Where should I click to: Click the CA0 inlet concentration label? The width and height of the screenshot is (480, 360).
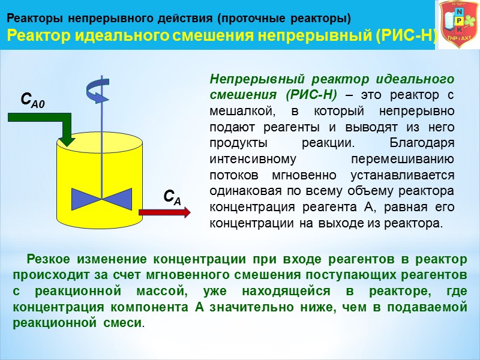(x=33, y=100)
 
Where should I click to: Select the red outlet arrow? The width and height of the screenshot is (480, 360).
(x=165, y=211)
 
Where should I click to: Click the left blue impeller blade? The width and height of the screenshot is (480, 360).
(x=87, y=196)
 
